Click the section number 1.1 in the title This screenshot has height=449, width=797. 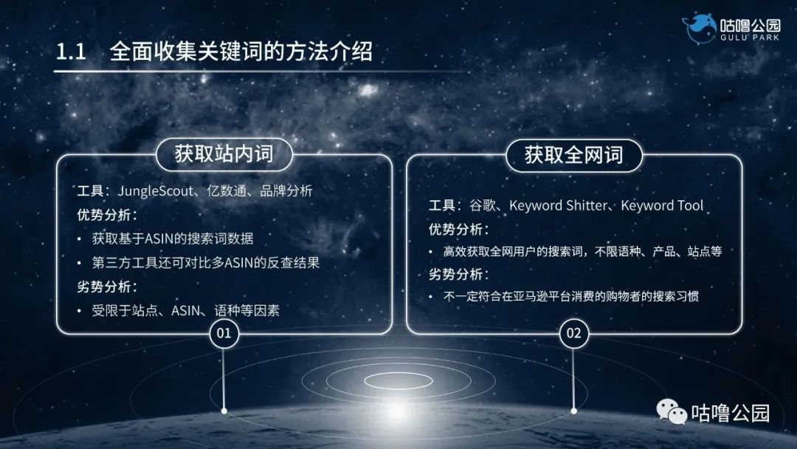(x=72, y=52)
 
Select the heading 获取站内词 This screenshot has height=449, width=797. (x=224, y=154)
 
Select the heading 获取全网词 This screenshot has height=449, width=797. (x=573, y=155)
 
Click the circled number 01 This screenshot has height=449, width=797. (x=224, y=334)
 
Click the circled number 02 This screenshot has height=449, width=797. (x=573, y=334)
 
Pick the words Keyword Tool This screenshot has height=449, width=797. (x=662, y=206)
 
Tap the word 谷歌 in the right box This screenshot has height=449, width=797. (x=481, y=206)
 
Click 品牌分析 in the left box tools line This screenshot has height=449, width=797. (x=286, y=191)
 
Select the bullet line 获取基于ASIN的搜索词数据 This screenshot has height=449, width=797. (x=173, y=239)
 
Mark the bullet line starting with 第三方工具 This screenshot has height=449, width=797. (x=205, y=262)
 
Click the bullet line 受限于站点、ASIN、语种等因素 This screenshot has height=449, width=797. (x=185, y=310)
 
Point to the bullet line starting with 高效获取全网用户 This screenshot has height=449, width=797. (x=582, y=252)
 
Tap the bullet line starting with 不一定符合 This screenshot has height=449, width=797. (x=570, y=297)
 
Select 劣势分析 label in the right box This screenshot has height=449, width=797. (x=458, y=275)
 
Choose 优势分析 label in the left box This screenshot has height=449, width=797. (x=106, y=215)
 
